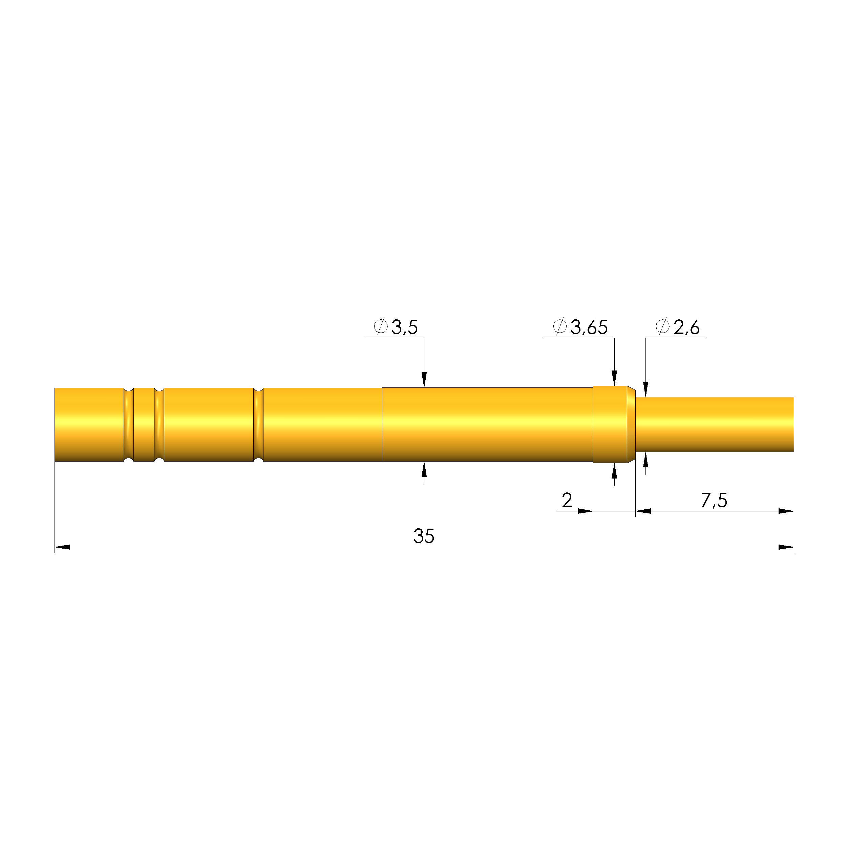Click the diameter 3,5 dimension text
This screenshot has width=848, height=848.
396,327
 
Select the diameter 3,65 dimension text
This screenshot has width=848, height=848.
580,327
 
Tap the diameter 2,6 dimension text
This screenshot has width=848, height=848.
678,327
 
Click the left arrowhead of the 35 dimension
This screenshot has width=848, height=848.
62,547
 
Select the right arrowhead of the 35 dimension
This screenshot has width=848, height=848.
786,547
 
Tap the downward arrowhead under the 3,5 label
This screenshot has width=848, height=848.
424,380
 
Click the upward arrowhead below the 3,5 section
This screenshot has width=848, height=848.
424,469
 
